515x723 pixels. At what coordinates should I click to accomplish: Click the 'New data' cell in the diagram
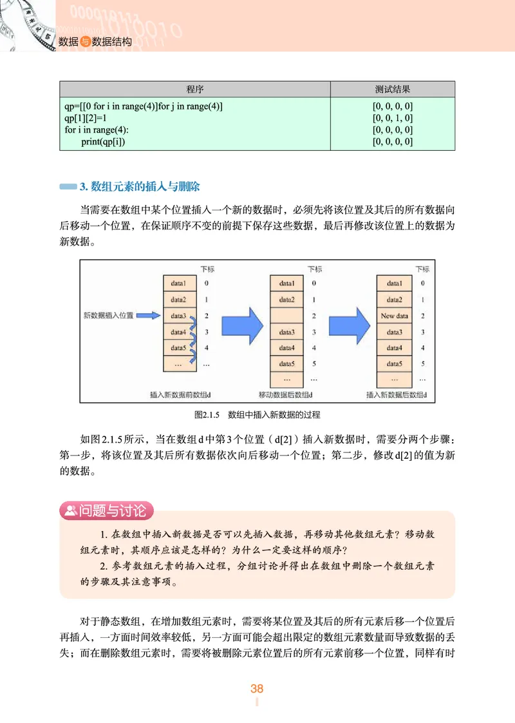(x=395, y=316)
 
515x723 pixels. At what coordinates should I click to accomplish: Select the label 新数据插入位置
(x=109, y=316)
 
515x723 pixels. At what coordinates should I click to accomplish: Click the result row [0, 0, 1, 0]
(x=393, y=118)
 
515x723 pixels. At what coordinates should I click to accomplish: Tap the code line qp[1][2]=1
(x=86, y=118)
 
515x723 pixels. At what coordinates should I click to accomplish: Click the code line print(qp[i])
(x=103, y=142)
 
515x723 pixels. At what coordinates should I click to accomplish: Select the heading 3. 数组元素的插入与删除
(x=140, y=187)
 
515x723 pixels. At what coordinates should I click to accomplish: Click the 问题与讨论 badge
(x=106, y=511)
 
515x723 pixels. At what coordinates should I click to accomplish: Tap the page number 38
(x=257, y=688)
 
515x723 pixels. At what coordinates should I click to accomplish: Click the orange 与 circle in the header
(x=85, y=42)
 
